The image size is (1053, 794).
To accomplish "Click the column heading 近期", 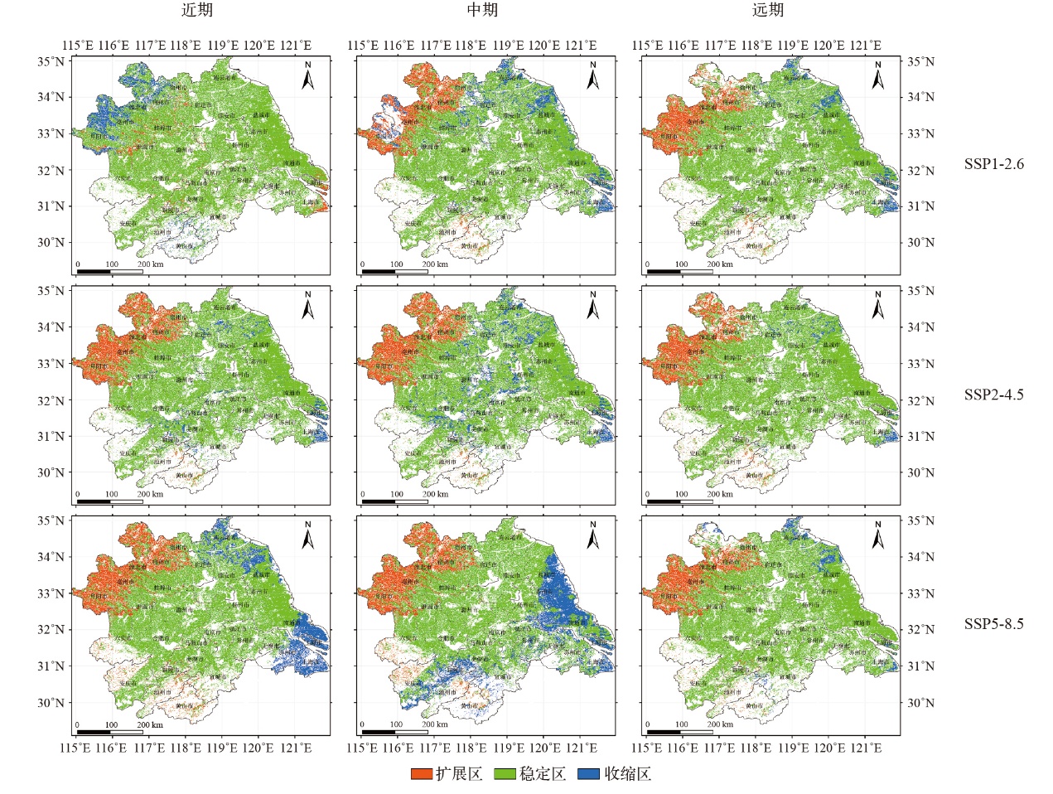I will tap(197, 11).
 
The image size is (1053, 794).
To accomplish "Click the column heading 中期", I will tap(482, 11).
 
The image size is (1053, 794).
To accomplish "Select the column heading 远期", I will tap(767, 11).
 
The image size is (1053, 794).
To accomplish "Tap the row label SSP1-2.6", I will tap(993, 164).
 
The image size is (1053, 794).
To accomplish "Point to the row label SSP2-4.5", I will tap(993, 395).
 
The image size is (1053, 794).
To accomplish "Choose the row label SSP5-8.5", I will tap(993, 623).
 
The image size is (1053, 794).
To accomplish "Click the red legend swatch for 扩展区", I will tap(422, 774).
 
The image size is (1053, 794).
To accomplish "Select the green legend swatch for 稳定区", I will tap(505, 774).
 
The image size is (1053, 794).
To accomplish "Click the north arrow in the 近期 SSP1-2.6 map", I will tap(307, 76).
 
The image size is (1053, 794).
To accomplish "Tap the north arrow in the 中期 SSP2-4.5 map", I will tap(592, 306).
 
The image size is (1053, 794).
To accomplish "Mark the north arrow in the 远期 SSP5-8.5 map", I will tap(877, 535).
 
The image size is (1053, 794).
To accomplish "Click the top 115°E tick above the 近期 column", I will tap(77, 46).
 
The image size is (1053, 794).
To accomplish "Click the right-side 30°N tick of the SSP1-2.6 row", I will tap(921, 243).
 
